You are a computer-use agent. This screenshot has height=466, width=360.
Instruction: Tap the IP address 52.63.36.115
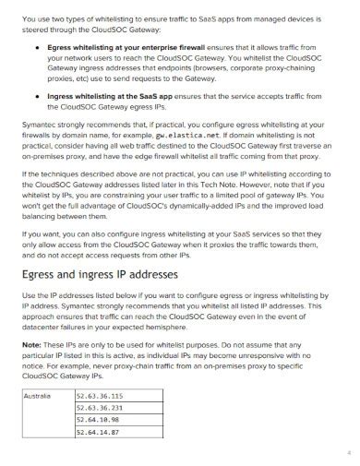point(99,396)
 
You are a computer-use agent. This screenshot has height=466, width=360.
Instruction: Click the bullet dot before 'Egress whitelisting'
point(36,44)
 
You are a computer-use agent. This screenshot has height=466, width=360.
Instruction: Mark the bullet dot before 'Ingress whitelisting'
point(36,95)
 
